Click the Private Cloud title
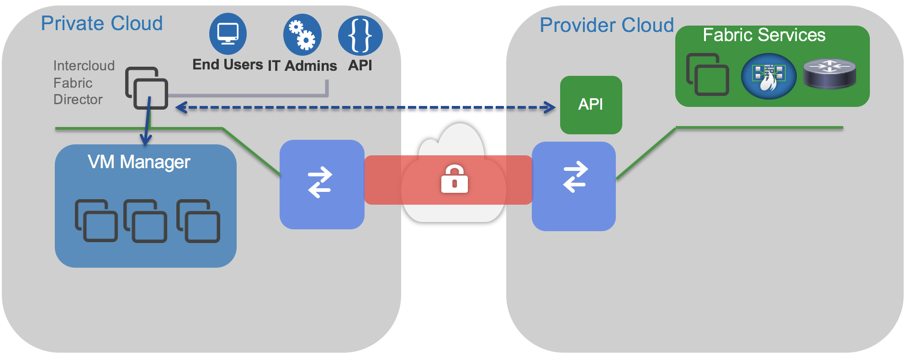101,24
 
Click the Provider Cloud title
607,26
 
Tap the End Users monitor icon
228,34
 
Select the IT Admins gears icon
302,35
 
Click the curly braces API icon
360,35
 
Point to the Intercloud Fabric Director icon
147,88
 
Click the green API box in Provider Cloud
591,105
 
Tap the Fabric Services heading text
764,35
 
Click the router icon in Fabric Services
829,74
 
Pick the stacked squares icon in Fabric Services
707,74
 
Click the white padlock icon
454,179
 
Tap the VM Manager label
139,162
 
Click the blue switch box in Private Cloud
322,184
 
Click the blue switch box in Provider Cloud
574,186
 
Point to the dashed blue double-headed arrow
365,108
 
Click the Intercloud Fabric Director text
84,83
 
